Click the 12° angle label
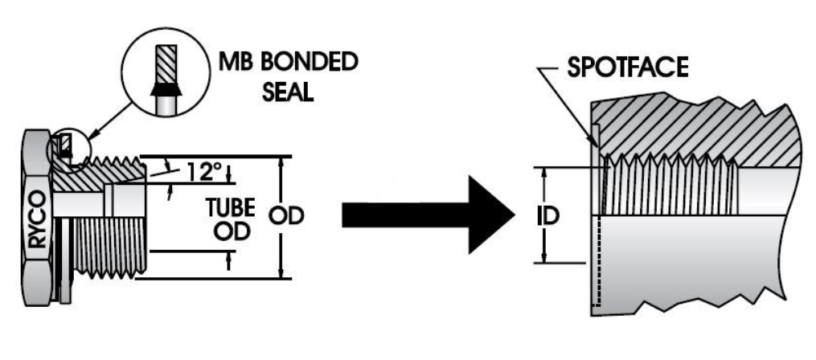click(x=203, y=171)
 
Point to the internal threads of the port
click(x=667, y=184)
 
